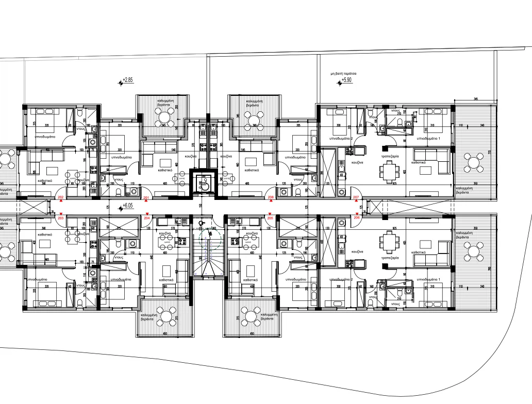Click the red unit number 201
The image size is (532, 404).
(146, 198)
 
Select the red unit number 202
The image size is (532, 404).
(61, 198)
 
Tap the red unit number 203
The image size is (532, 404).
(61, 218)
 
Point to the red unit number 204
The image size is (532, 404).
(147, 218)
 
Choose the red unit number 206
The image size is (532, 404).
(356, 218)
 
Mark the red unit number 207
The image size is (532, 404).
(356, 198)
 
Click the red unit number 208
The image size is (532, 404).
(271, 198)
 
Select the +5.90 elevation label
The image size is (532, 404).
(345, 80)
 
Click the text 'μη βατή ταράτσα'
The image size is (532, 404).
(344, 74)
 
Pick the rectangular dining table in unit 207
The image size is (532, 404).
(388, 170)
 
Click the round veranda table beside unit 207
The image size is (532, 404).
(473, 163)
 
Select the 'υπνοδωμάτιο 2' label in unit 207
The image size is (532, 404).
(345, 139)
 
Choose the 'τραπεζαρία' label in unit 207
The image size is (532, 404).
(388, 155)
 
